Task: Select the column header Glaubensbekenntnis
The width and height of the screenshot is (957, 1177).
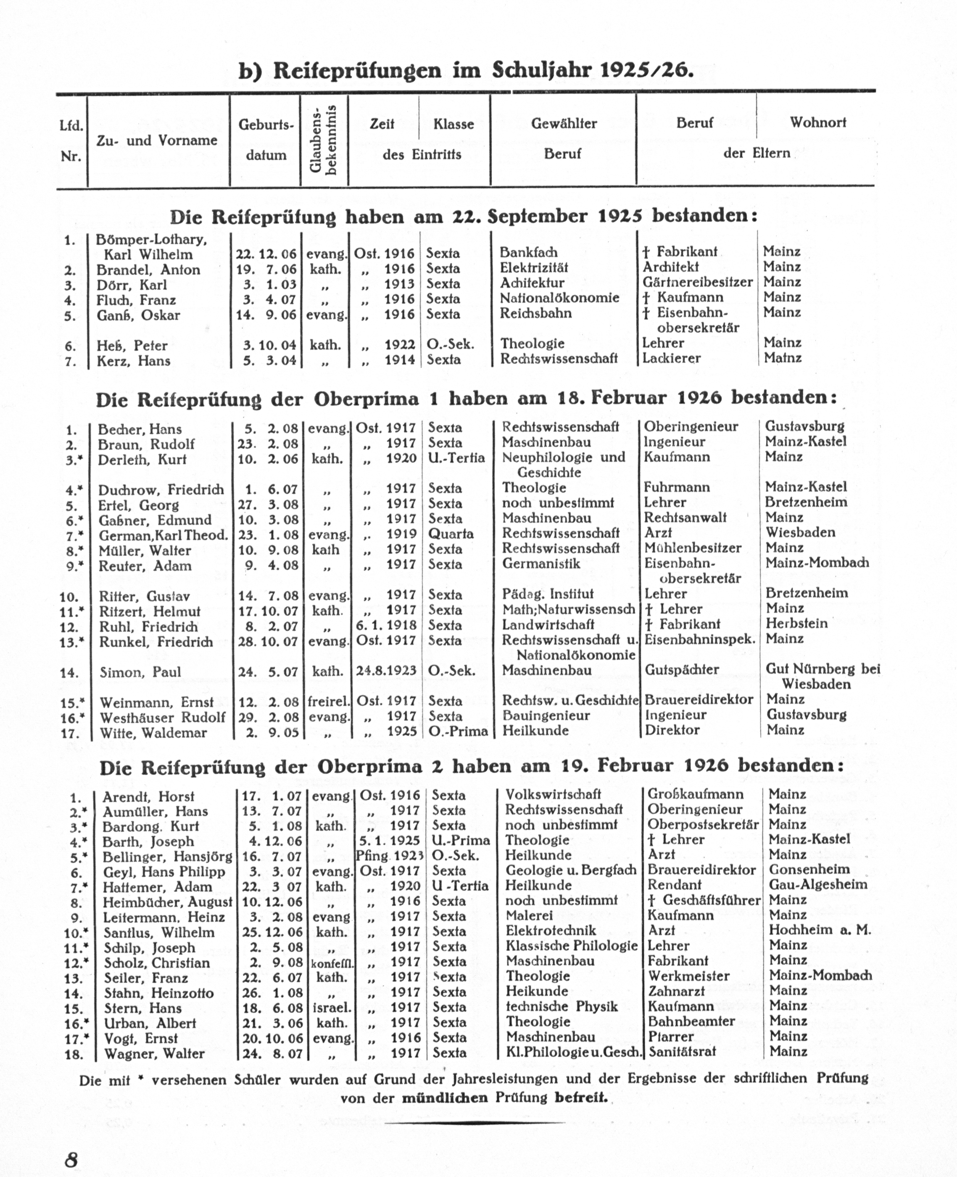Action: pos(323,140)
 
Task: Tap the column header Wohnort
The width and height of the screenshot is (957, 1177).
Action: pos(817,122)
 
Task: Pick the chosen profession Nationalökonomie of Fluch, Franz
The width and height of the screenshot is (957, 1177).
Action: pos(559,299)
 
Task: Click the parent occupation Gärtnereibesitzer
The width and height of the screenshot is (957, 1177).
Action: pos(697,283)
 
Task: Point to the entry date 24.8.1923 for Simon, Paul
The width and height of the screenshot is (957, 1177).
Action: pos(386,671)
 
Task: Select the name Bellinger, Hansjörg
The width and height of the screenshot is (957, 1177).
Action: pos(167,857)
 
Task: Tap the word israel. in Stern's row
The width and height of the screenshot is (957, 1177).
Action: pos(331,1008)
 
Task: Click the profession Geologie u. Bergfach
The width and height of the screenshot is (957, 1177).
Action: pos(571,871)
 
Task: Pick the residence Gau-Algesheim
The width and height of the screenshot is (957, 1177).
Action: pos(817,885)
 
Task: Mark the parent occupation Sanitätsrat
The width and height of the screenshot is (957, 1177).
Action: pos(682,1052)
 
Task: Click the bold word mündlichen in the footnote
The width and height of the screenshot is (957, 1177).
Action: pos(444,1098)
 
